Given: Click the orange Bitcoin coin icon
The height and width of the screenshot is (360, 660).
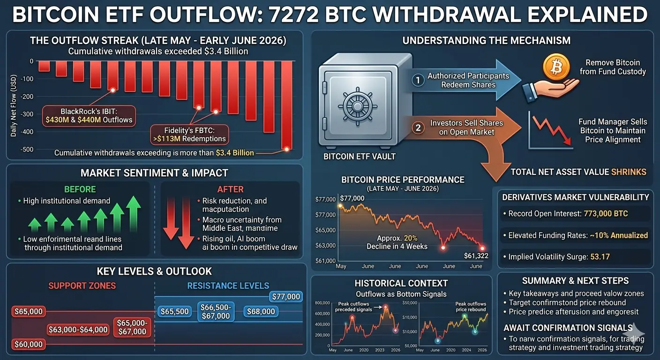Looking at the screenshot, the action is [x=556, y=67].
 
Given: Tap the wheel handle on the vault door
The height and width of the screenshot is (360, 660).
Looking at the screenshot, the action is [x=357, y=106].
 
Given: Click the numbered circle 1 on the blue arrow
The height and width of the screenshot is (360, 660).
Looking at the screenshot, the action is [x=418, y=80].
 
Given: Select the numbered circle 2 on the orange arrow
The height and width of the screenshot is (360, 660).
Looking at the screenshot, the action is [x=418, y=128].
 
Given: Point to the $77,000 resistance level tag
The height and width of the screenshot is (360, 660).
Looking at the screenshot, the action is [x=286, y=296].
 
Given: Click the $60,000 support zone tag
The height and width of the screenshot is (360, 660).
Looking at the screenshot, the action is [x=29, y=344].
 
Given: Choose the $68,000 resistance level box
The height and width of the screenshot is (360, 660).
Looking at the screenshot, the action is [x=261, y=311].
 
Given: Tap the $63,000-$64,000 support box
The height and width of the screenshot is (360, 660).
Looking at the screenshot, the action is [x=78, y=330].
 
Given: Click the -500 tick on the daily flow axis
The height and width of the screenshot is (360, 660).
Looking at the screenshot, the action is [x=27, y=150].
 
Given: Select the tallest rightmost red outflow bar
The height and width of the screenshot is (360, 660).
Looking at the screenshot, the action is [x=286, y=105].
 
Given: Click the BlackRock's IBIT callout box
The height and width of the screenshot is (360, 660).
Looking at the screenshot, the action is [x=89, y=116].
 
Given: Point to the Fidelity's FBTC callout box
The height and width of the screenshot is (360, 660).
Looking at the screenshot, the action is [x=189, y=135].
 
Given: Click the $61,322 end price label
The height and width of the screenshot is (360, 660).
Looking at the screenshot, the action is [x=476, y=256].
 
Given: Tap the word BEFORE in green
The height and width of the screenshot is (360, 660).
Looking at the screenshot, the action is [x=80, y=189].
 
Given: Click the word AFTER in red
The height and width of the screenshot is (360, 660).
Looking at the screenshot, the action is [x=231, y=189].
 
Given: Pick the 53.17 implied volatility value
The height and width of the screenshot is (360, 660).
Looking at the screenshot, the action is [x=600, y=256].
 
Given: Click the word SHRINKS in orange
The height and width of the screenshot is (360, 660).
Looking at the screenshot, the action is [x=629, y=172].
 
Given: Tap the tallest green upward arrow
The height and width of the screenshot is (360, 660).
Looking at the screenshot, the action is [x=134, y=214].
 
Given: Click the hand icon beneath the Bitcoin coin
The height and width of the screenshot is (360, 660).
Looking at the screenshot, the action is [x=550, y=90].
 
